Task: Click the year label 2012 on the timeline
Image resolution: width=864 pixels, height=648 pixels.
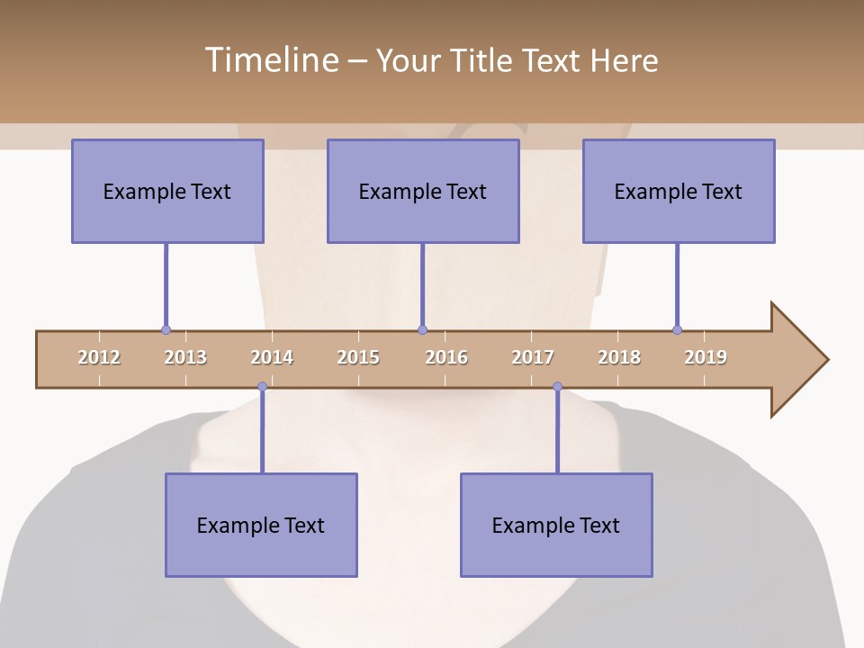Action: (x=99, y=357)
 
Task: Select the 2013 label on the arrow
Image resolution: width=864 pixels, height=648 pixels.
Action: (x=185, y=357)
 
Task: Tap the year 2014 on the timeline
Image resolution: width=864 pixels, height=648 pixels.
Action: (x=272, y=357)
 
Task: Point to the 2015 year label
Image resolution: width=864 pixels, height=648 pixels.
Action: (x=358, y=357)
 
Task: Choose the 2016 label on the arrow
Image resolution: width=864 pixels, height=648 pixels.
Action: (x=446, y=357)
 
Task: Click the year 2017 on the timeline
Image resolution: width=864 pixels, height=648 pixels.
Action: (x=533, y=357)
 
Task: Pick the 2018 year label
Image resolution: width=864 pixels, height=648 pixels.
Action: (x=619, y=357)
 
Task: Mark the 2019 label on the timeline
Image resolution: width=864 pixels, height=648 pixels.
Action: (x=706, y=357)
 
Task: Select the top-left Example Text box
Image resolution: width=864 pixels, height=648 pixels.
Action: (x=167, y=191)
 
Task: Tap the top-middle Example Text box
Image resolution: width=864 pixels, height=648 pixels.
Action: (x=423, y=191)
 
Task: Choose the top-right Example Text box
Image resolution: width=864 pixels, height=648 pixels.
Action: (x=679, y=191)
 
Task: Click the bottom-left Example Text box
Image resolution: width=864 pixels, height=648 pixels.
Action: (x=261, y=525)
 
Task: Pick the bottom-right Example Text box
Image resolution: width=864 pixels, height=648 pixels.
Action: (x=556, y=525)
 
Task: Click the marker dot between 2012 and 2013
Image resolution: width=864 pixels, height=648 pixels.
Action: (x=166, y=330)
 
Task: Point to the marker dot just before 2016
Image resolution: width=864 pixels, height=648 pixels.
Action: (x=422, y=330)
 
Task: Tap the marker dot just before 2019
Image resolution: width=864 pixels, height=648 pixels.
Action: (x=677, y=330)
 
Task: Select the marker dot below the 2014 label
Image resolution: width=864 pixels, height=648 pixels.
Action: (x=262, y=387)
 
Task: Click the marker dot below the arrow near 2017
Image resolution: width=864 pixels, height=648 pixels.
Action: (x=557, y=387)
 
